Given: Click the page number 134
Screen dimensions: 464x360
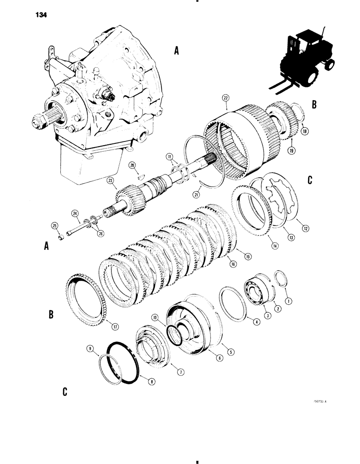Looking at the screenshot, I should (x=40, y=14).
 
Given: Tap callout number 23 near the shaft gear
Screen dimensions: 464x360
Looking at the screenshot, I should (x=110, y=182).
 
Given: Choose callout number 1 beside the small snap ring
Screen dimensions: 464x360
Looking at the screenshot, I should (x=289, y=301).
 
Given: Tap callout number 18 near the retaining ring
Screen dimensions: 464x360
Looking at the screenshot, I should (x=304, y=132).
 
